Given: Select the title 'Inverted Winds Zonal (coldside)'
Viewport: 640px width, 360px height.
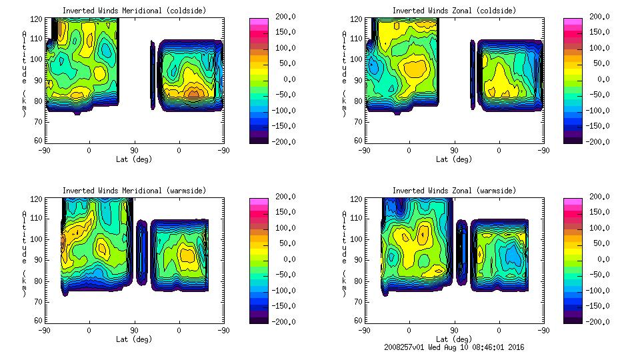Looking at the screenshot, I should click(x=454, y=11).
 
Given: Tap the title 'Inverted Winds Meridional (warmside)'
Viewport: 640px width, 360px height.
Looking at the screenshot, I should click(x=135, y=191).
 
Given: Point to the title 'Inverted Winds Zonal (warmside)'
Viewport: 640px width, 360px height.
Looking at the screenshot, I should click(x=454, y=191).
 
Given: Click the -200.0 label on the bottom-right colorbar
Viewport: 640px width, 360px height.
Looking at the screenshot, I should click(x=601, y=321).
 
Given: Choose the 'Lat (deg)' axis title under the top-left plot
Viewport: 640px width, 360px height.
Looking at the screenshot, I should click(x=135, y=159).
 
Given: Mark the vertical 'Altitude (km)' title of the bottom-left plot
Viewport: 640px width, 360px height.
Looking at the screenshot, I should click(x=25, y=256).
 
